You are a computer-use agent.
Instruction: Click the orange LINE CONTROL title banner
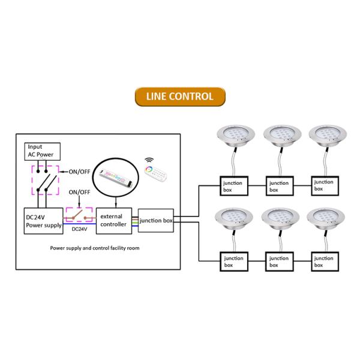click(179, 96)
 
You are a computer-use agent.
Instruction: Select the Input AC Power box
click(42, 151)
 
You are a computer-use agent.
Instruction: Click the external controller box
click(113, 220)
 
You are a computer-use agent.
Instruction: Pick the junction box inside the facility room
click(156, 220)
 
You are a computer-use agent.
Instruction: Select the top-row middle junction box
click(279, 185)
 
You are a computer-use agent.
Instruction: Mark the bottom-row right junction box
click(323, 262)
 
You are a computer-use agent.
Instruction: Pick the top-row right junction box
click(323, 185)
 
